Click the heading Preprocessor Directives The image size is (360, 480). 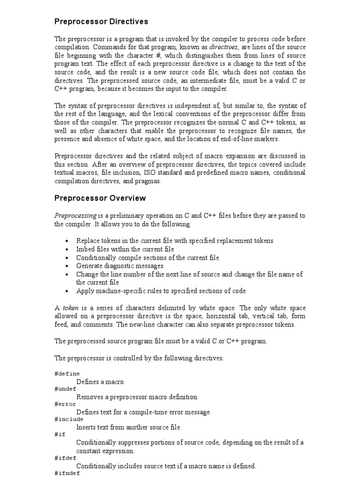[101, 22]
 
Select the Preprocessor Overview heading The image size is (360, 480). [100, 198]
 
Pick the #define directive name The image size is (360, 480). [67, 374]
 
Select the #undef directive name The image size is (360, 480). [65, 389]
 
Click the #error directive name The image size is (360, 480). [65, 404]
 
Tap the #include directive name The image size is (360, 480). [69, 419]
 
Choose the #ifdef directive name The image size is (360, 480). [65, 458]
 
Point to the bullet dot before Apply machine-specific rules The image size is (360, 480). [68, 291]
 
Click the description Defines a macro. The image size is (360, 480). [101, 382]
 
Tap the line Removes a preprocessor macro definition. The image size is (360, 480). [137, 397]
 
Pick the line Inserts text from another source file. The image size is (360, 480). [128, 427]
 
